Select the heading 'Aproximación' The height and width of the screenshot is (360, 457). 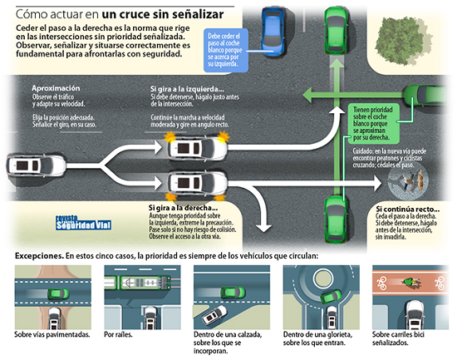57,88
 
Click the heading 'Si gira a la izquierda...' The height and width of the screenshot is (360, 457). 187,88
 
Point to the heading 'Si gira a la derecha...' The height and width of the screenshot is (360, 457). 182,208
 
